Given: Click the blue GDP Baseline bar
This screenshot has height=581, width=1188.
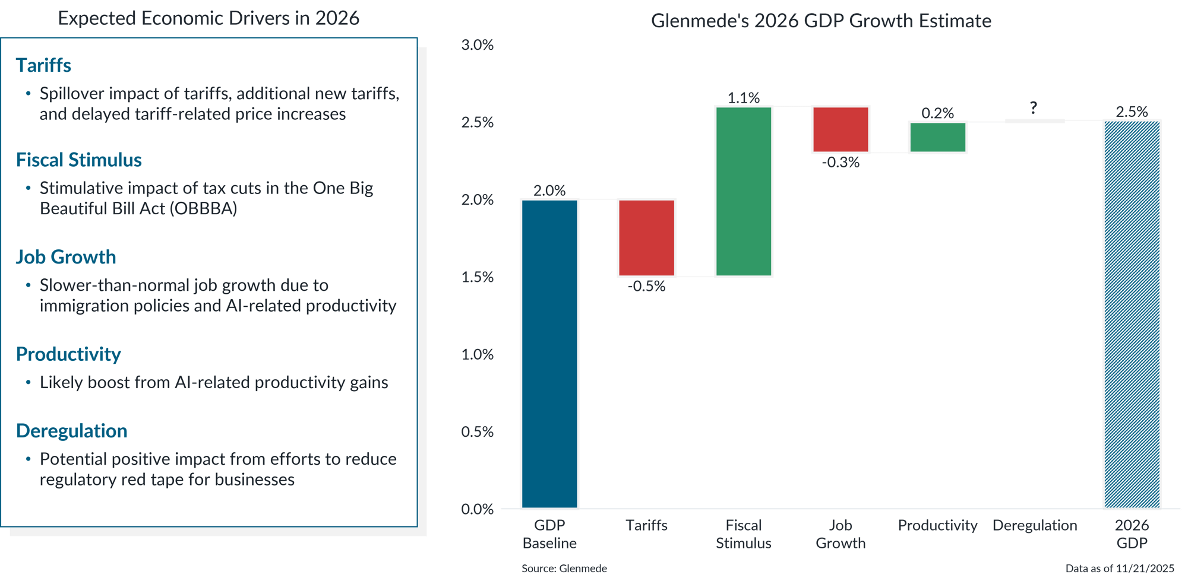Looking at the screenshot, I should [x=549, y=354].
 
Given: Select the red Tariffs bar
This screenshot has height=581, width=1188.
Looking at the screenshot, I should [x=646, y=237].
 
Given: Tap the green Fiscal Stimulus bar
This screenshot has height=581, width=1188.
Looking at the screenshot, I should [x=744, y=191].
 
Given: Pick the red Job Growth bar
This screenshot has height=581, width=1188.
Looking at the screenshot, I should [x=841, y=129].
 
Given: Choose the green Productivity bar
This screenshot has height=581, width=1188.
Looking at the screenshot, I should [x=937, y=137].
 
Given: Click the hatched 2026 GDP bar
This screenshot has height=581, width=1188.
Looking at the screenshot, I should [x=1132, y=315].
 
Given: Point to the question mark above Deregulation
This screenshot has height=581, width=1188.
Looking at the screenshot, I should [x=1034, y=107].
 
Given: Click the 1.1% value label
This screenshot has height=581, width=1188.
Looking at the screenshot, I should [x=744, y=97].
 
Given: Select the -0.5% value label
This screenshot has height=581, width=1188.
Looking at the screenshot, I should [x=646, y=286].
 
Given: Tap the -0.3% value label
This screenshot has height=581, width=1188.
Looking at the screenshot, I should [x=841, y=163].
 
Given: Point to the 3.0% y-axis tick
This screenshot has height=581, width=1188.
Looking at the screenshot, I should [x=477, y=45].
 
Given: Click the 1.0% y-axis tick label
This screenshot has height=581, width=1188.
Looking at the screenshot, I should [x=477, y=354].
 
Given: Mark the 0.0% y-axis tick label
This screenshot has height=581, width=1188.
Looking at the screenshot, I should [x=477, y=509].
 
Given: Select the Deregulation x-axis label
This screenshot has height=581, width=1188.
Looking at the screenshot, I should [x=1034, y=525].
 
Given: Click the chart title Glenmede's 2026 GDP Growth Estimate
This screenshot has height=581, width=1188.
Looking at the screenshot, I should [x=821, y=21].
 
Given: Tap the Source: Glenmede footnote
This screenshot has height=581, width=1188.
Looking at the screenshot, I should [x=564, y=569].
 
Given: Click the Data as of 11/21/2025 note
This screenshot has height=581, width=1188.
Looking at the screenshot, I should [x=1120, y=569].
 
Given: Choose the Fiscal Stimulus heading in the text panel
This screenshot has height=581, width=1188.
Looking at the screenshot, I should [x=79, y=160].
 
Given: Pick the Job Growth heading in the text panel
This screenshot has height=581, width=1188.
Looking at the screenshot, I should [x=66, y=257].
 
